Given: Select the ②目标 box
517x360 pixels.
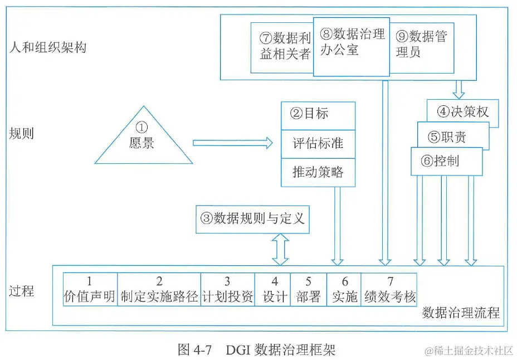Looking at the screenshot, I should [x=318, y=114].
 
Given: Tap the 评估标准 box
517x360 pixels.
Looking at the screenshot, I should [x=318, y=144].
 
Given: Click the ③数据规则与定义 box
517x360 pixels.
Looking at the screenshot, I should [x=252, y=218].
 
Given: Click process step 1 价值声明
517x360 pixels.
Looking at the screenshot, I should [x=90, y=289].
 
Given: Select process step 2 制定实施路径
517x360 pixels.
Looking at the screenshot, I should [x=159, y=289].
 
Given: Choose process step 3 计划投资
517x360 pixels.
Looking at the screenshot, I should [x=227, y=289].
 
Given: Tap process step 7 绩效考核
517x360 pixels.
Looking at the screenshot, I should [x=389, y=289].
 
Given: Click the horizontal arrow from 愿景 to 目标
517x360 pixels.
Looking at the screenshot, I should [x=233, y=143].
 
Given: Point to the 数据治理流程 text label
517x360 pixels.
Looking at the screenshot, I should [x=461, y=312].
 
